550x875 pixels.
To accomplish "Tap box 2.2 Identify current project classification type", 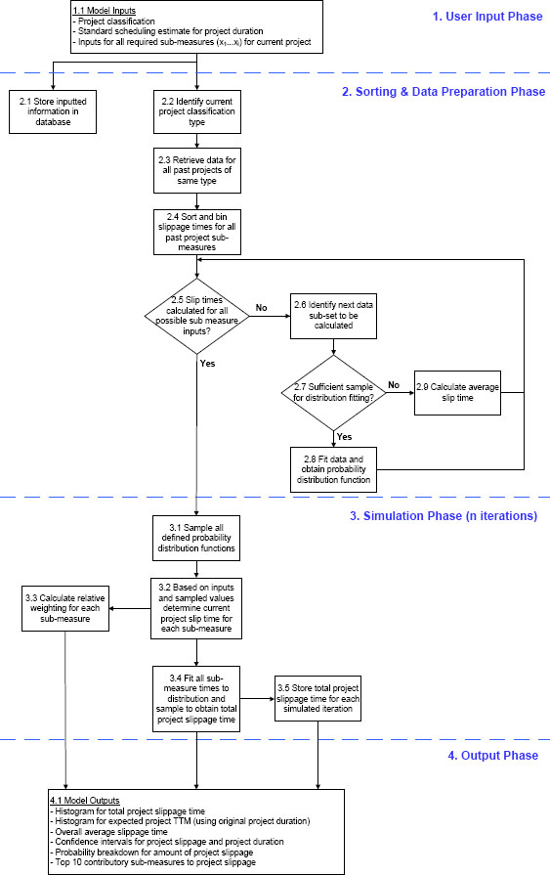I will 195,109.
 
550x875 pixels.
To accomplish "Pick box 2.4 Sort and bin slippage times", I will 196,233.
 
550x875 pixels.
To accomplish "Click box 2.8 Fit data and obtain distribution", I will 333,468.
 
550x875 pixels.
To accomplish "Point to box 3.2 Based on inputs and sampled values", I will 195,607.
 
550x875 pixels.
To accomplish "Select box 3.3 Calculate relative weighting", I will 64,607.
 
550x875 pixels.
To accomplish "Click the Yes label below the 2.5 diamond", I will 207,363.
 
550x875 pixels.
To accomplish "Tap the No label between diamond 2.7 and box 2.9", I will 392,385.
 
